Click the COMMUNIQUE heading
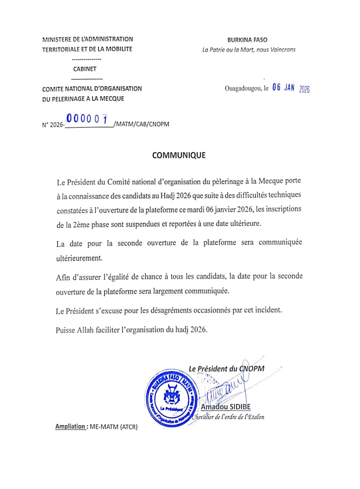tap(179, 155)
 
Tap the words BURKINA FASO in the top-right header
tap(247, 40)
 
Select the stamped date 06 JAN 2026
tap(291, 88)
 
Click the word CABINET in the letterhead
tap(85, 69)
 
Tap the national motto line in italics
tap(249, 50)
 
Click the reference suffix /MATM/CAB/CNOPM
tap(141, 124)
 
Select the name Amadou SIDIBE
tap(226, 407)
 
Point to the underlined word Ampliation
tap(71, 426)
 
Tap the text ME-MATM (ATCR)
tap(114, 427)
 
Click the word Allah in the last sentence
tap(85, 330)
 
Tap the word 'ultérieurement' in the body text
tap(79, 258)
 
